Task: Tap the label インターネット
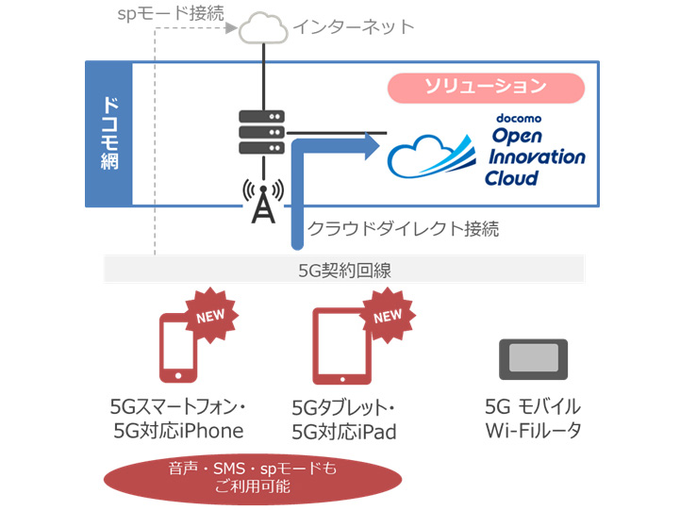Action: [354, 27]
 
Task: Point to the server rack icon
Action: [261, 135]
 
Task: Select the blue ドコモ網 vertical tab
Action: [108, 135]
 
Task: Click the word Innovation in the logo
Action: [538, 156]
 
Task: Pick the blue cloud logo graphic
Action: [434, 156]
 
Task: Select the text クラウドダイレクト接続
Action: [404, 228]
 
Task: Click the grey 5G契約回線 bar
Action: [343, 270]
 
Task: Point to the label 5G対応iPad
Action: [344, 433]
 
